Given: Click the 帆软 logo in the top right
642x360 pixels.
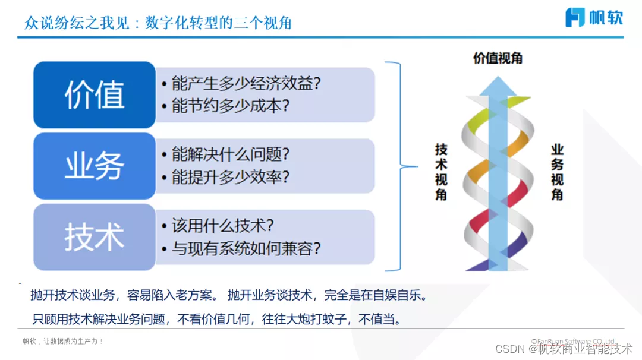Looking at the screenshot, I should pos(594,17).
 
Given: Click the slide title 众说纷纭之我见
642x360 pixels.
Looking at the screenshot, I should pos(77,23).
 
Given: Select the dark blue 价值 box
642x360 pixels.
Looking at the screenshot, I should pos(95,95).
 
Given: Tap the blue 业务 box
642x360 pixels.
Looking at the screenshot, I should pos(95,166).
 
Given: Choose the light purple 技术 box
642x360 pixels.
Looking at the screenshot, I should pos(95,237).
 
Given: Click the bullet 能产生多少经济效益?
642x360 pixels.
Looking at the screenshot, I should pos(241,84).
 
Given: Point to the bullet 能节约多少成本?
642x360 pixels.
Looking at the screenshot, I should pos(225,106).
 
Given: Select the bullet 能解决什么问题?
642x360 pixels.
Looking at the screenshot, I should pos(225,155).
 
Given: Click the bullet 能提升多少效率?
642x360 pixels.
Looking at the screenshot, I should pos(225,178).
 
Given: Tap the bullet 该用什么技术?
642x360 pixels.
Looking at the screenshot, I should pos(218,226).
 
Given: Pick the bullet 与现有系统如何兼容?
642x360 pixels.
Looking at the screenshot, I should pos(241,248).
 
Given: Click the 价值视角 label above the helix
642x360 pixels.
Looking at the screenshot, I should pos(498,58).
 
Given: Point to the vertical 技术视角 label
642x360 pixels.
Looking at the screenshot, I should pos(441,172).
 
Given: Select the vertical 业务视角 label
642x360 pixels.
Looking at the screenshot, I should pos(557,172).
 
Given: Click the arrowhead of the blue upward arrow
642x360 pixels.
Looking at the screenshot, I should pos(498,86).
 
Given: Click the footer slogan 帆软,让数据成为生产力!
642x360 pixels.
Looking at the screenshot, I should pos(63,342).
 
